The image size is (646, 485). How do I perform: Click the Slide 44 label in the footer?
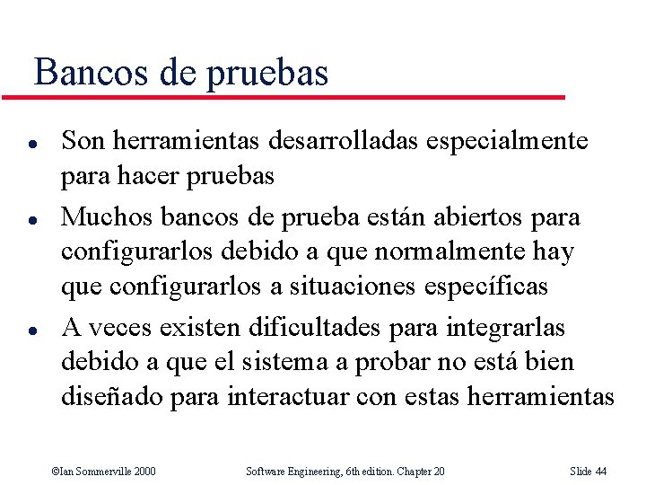click(x=589, y=472)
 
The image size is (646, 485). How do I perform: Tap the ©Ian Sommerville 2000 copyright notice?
click(x=104, y=472)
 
